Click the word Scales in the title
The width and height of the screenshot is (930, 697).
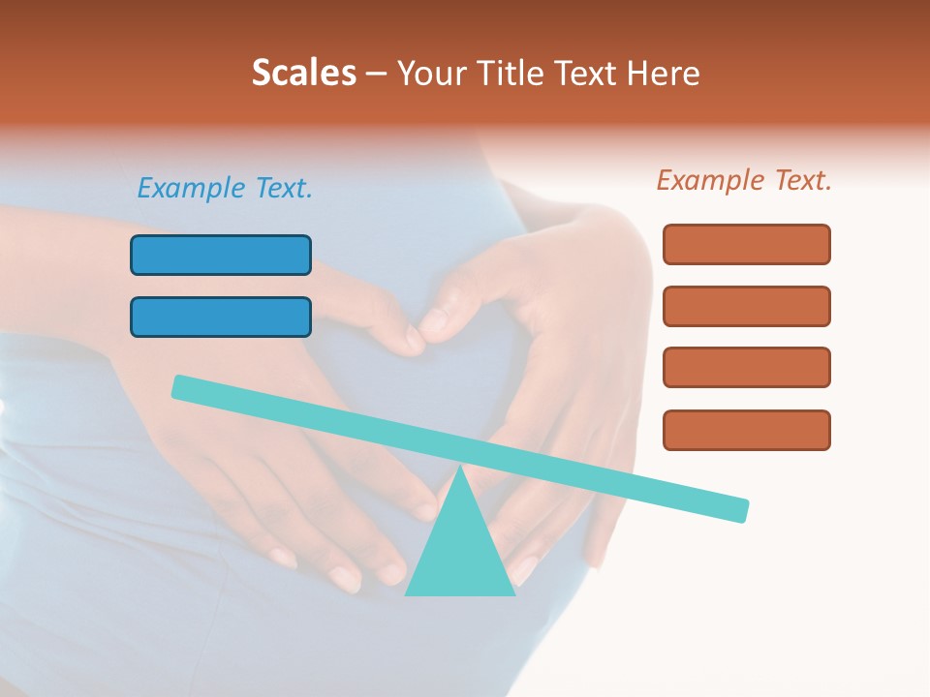tap(303, 73)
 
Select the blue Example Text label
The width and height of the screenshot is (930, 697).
tap(225, 188)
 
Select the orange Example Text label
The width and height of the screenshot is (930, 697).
tap(744, 180)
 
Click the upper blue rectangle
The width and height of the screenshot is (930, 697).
tap(221, 255)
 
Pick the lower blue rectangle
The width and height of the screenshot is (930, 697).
tap(221, 317)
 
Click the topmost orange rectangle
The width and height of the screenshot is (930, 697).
tap(747, 244)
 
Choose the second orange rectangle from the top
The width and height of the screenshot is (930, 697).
tap(747, 306)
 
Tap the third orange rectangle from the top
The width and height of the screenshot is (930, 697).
tap(747, 367)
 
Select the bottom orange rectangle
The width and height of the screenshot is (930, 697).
tap(747, 430)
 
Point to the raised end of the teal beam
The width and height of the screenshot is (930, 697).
tap(180, 386)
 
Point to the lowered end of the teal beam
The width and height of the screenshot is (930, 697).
tap(741, 510)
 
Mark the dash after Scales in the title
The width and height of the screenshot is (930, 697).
tap(377, 73)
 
